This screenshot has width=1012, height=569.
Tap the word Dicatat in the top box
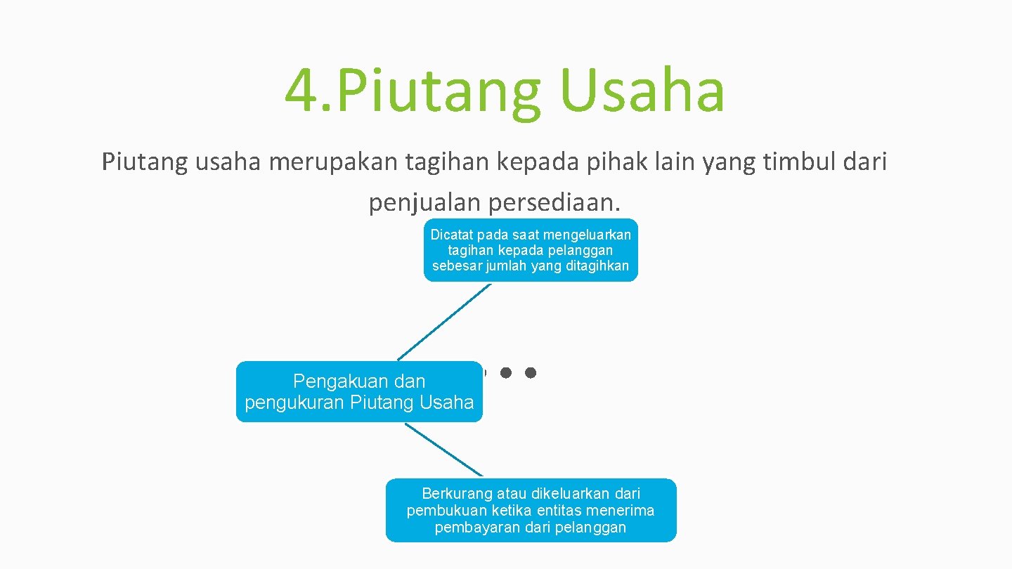coord(452,235)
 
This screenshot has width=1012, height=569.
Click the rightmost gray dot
coord(531,372)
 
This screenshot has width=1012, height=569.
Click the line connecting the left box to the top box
coord(444,322)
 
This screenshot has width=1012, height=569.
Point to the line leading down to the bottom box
coord(444,450)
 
